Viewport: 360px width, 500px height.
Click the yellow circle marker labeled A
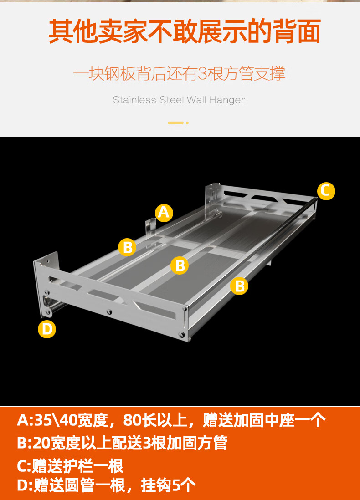coord(164,213)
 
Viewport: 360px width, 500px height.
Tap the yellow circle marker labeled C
coord(325,190)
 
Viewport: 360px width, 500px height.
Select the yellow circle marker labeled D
coord(47,329)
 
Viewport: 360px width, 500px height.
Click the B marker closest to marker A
coord(128,247)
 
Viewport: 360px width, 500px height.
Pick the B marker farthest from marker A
coord(239,286)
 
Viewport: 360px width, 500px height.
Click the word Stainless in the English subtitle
coord(134,100)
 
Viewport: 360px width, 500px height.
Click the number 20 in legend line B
coord(41,443)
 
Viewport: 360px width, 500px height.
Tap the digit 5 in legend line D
coord(177,486)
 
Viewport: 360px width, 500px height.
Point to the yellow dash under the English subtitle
coord(175,122)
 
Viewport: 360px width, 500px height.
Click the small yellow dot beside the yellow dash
coord(187,122)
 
